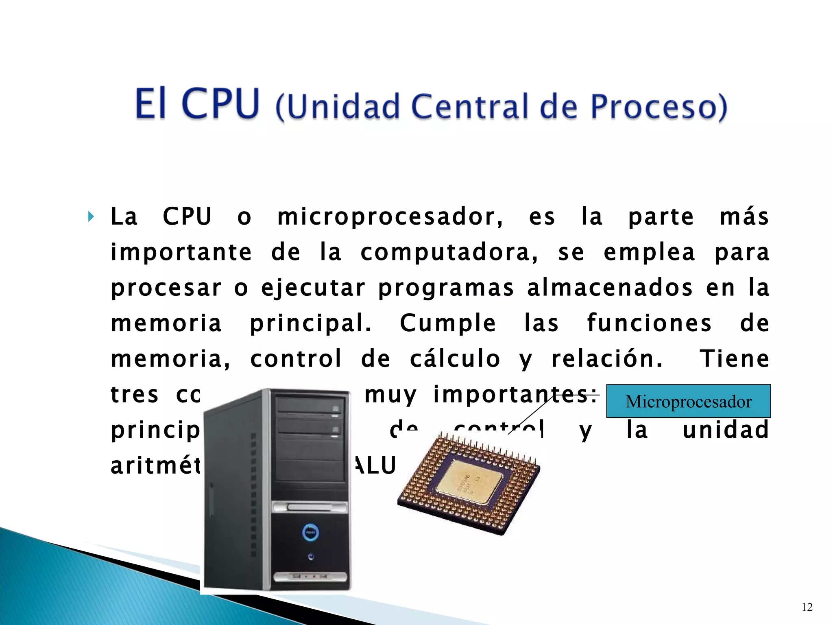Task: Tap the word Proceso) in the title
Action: click(659, 107)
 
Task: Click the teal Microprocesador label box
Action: click(688, 401)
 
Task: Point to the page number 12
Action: click(807, 608)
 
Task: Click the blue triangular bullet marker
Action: click(91, 217)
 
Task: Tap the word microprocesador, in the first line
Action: click(390, 217)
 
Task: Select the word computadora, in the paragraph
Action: click(449, 252)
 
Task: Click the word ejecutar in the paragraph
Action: click(313, 288)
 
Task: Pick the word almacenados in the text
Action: click(610, 288)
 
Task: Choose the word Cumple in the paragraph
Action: click(448, 323)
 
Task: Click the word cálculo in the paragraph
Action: click(455, 359)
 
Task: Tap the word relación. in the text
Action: click(607, 359)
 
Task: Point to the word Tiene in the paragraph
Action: click(734, 359)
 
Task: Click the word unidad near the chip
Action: click(726, 430)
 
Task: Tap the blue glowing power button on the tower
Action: click(311, 532)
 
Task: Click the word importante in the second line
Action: click(181, 252)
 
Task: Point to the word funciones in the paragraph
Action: click(649, 323)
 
